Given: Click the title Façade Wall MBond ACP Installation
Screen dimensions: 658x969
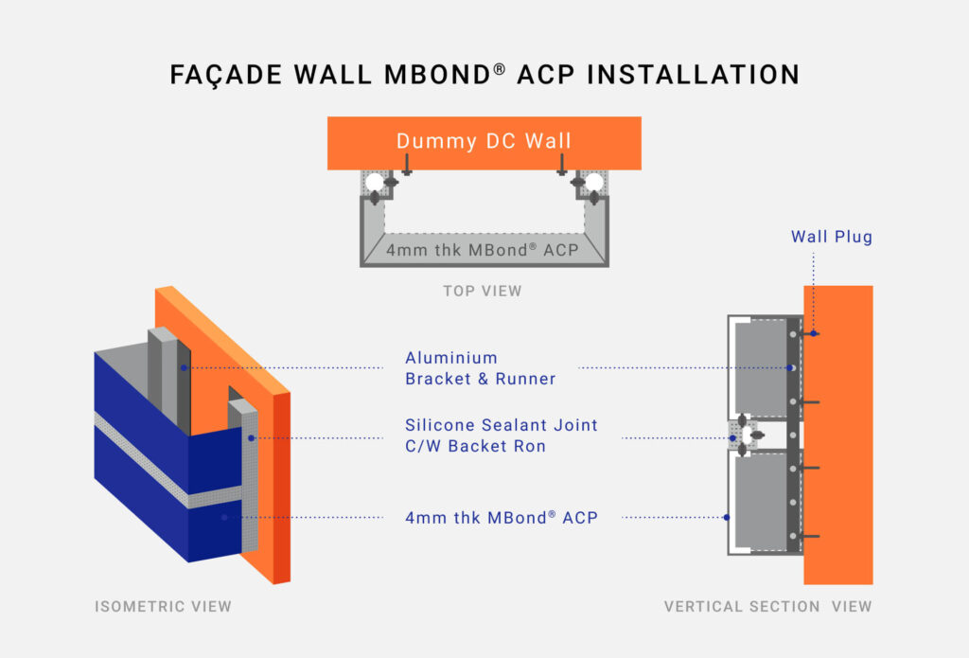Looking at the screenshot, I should pyautogui.click(x=484, y=75).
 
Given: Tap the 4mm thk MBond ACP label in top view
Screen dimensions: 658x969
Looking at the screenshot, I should pyautogui.click(x=484, y=251).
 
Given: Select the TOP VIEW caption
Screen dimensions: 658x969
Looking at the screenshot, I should pyautogui.click(x=483, y=292).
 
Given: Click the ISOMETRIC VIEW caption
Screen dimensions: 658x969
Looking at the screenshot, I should pyautogui.click(x=163, y=606).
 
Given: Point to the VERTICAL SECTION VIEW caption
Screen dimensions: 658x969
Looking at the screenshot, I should pyautogui.click(x=767, y=606).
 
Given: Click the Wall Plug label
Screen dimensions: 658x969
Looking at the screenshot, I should pyautogui.click(x=831, y=237).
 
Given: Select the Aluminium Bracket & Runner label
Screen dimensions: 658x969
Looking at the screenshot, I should pyautogui.click(x=480, y=368).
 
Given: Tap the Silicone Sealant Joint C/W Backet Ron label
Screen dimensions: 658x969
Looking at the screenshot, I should pyautogui.click(x=501, y=436).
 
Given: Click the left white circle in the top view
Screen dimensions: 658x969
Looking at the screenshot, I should pyautogui.click(x=375, y=182).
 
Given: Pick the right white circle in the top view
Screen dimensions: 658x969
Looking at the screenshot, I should pyautogui.click(x=593, y=182).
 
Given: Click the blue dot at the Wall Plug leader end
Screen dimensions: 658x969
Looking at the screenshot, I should pyautogui.click(x=813, y=333).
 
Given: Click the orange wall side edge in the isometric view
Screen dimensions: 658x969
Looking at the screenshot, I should pyautogui.click(x=281, y=483).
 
